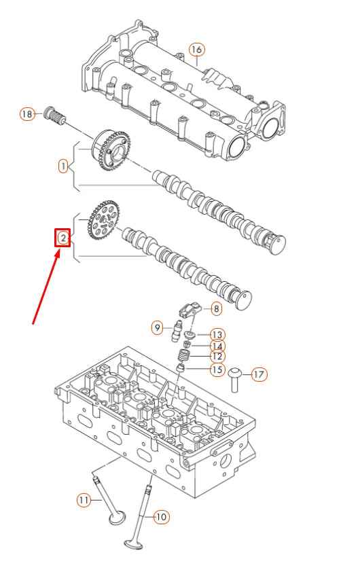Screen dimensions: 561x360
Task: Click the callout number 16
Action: click(196, 50)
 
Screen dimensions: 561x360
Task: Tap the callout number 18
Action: click(26, 114)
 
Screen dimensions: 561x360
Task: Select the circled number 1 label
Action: click(62, 166)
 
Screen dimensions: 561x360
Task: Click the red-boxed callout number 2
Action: click(62, 238)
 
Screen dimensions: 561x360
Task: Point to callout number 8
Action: click(215, 309)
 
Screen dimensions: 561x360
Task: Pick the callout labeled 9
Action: click(157, 328)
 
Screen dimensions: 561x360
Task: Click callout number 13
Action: click(217, 335)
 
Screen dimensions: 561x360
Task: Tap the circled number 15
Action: click(217, 369)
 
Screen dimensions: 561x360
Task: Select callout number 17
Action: click(259, 374)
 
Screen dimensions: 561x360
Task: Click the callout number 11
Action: click(82, 501)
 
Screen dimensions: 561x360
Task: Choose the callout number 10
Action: click(160, 517)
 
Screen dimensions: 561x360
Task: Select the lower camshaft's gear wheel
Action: click(103, 219)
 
